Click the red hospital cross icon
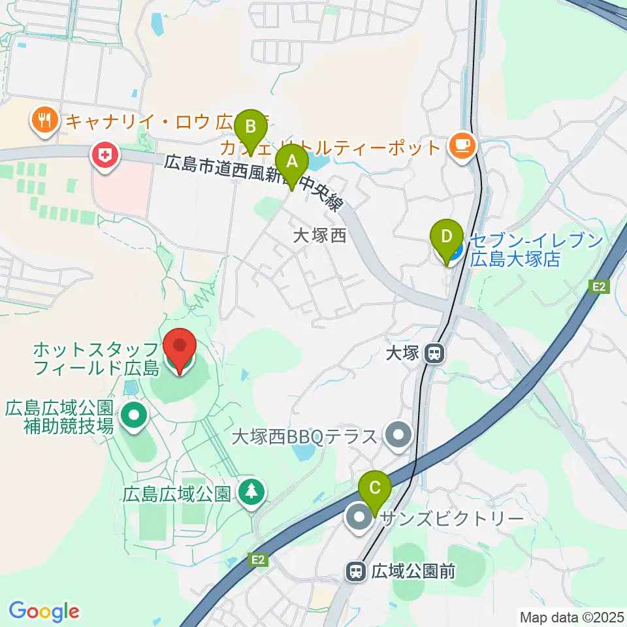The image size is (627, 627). pyautogui.click(x=104, y=156)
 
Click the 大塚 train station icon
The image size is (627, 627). pyautogui.click(x=433, y=355)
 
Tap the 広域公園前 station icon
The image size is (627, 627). pyautogui.click(x=357, y=572)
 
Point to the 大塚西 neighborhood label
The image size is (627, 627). pyautogui.click(x=319, y=236)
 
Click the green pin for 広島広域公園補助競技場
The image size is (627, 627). pyautogui.click(x=134, y=415)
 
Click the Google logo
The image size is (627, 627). pyautogui.click(x=44, y=611)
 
